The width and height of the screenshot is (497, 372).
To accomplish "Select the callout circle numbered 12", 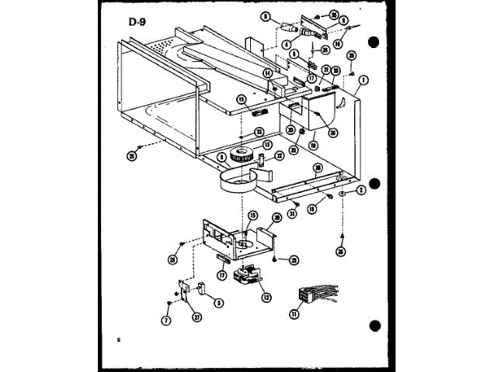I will click(266, 294).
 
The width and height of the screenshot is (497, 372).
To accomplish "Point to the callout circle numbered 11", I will click(294, 313).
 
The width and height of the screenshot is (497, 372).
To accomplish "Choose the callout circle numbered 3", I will click(218, 302).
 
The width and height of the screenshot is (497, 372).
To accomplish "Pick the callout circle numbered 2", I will click(361, 190).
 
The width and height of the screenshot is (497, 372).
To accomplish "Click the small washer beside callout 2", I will click(342, 191).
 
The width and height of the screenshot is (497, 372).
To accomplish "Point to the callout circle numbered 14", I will click(267, 74).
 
